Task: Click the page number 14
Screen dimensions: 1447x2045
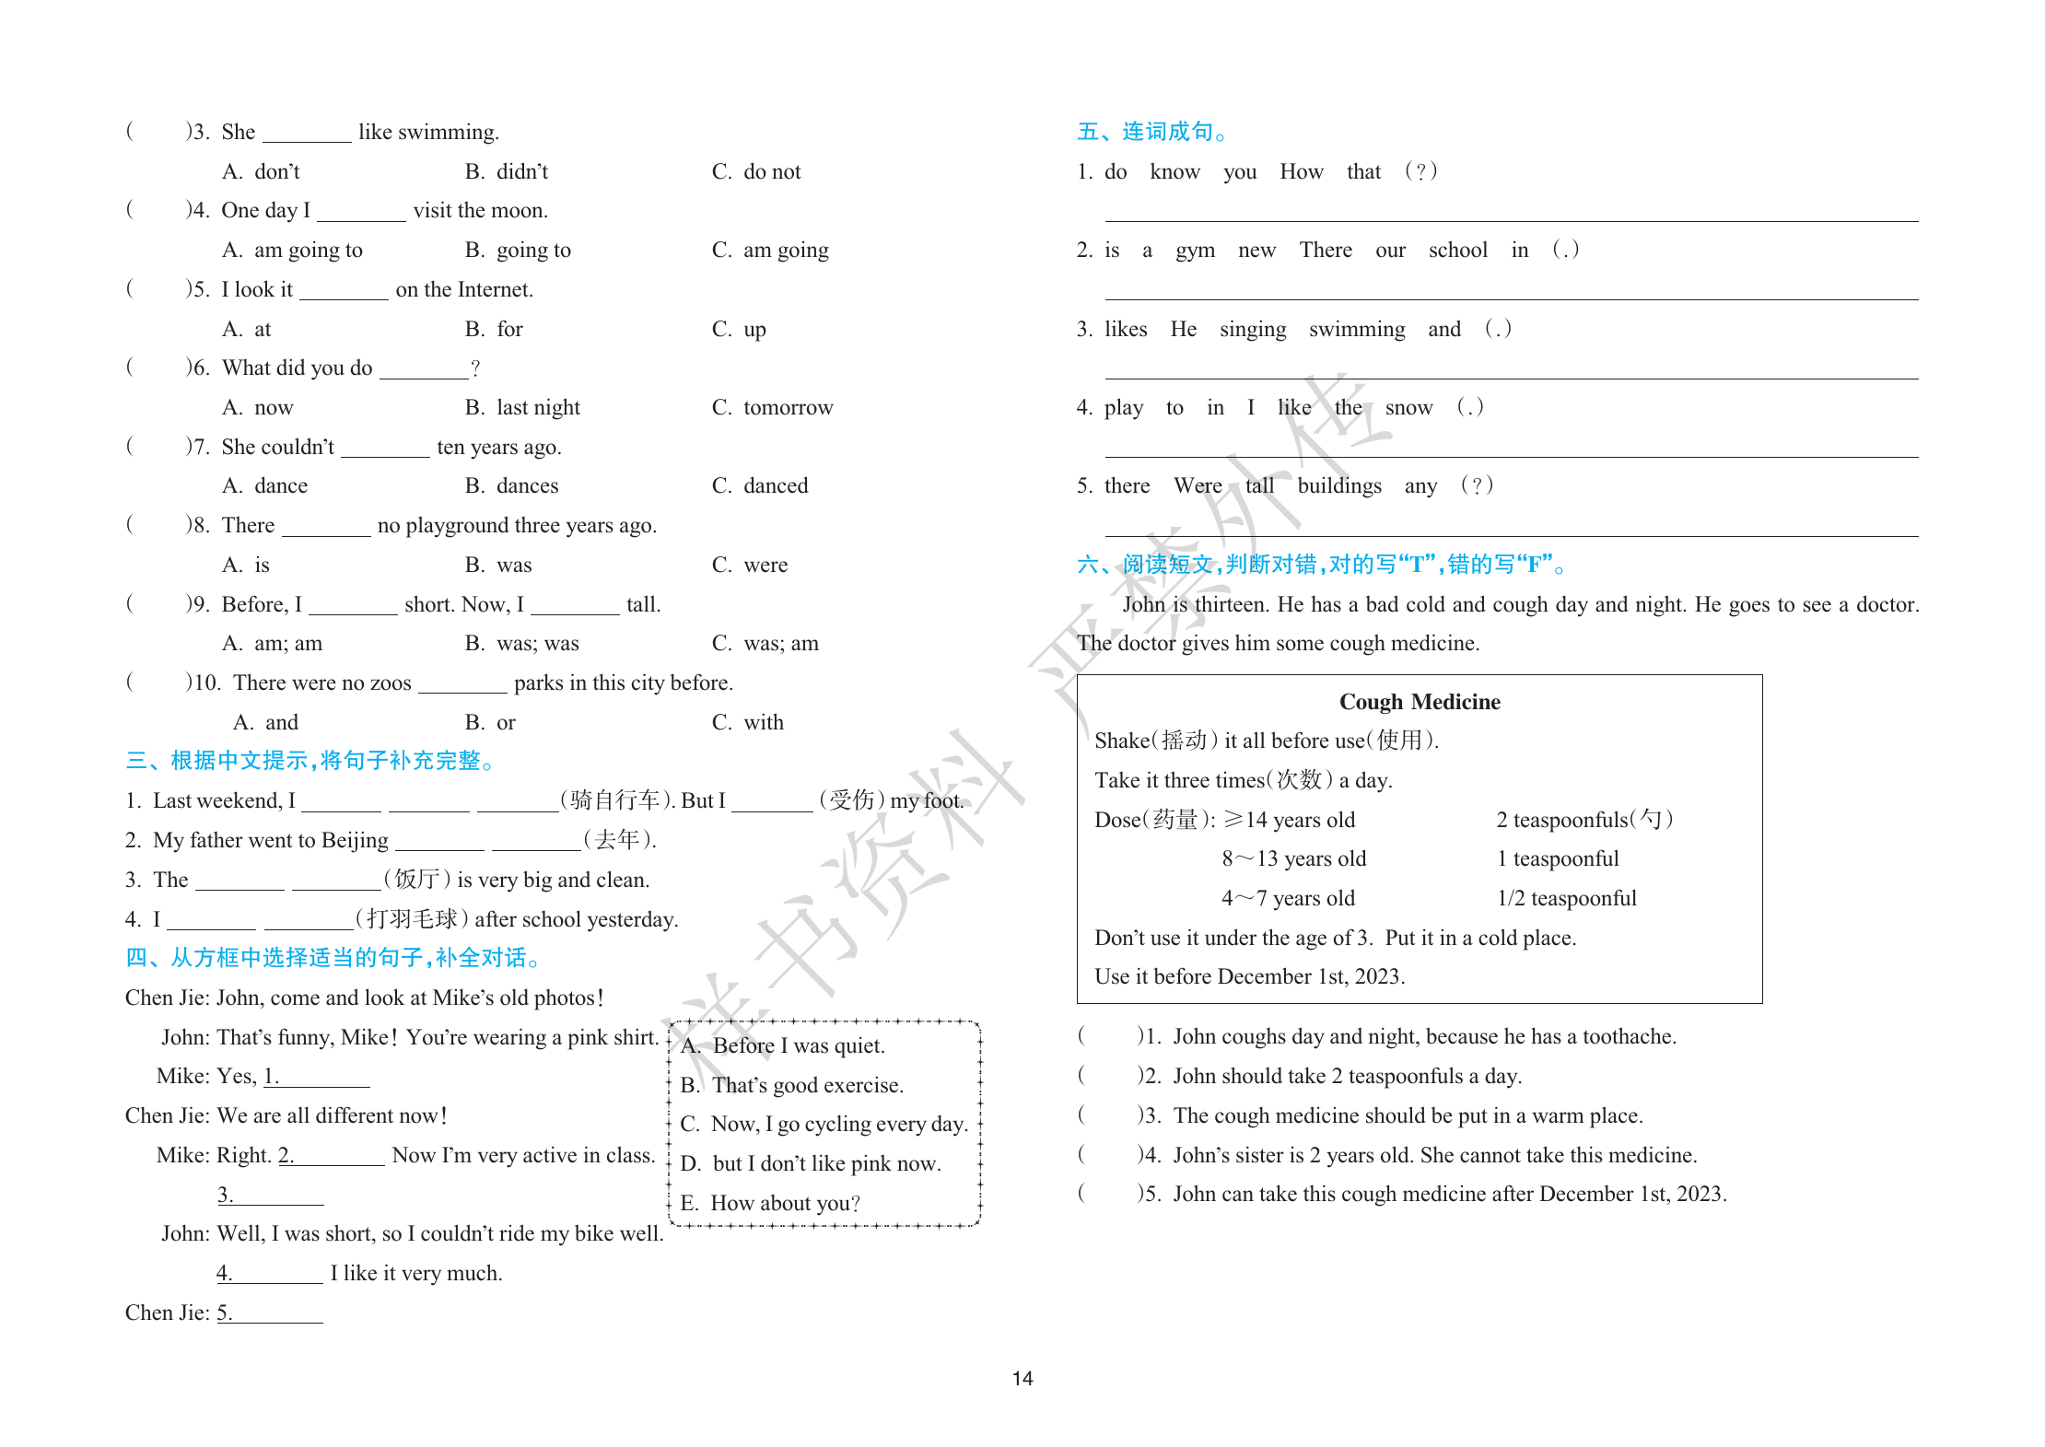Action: tap(1022, 1378)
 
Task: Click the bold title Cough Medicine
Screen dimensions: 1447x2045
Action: tap(1419, 702)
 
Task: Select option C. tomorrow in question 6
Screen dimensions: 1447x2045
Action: tap(772, 407)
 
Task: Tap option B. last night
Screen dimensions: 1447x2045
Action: tap(522, 407)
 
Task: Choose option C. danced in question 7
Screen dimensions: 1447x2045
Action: tap(760, 485)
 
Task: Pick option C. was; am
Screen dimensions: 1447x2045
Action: tap(765, 643)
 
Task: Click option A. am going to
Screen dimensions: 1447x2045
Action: tap(293, 250)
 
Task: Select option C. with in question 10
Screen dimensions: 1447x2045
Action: tap(748, 722)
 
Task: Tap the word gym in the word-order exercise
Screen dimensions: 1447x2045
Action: tap(1195, 250)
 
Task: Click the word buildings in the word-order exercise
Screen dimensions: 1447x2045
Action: tap(1339, 485)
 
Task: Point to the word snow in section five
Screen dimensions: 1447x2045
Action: tap(1408, 407)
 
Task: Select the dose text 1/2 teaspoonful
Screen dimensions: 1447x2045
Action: tap(1566, 898)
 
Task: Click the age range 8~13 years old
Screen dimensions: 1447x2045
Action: tap(1293, 858)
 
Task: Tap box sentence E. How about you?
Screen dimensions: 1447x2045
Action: tap(770, 1203)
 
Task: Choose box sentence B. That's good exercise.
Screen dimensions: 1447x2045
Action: tap(792, 1085)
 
